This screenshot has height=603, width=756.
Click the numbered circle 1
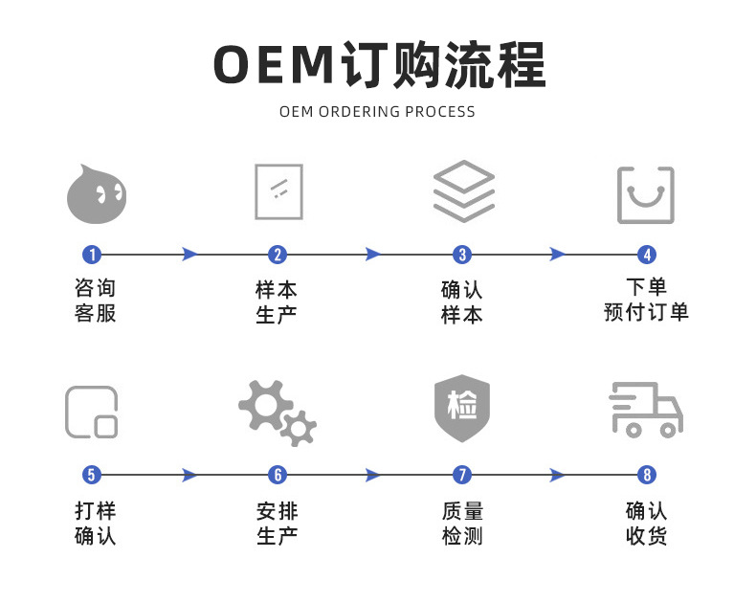pos(92,255)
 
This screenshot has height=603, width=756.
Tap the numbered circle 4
pos(648,255)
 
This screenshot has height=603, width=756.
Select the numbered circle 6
pos(278,475)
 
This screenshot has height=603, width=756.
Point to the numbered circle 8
pos(648,475)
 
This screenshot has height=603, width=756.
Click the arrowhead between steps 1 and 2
pos(189,255)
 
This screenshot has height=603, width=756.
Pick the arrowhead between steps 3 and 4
pos(557,255)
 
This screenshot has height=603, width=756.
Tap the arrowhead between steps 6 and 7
pos(373,475)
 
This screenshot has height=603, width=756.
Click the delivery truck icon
pos(646,410)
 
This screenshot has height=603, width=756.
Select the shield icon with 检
pos(462,409)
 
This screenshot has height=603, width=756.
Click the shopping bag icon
pos(646,195)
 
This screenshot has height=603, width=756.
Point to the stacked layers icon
pos(463,191)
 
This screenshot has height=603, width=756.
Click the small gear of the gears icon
pos(299,428)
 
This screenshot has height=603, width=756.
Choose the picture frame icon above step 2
pos(278,191)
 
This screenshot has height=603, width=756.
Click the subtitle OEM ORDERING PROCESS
pos(377,112)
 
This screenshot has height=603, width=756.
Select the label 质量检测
pos(462,524)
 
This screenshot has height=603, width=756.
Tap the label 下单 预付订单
pos(647,300)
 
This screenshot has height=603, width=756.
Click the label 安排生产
pos(278,524)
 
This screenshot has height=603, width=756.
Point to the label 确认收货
pos(647,524)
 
